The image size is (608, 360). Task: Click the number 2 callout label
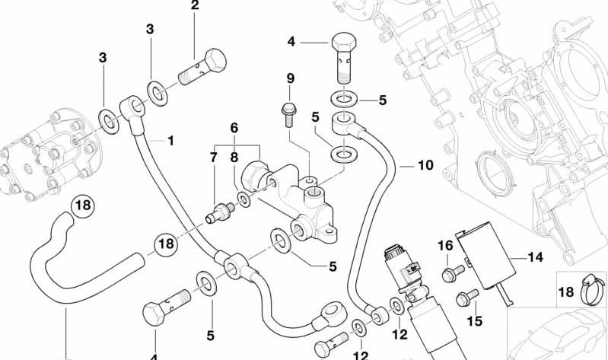pyautogui.click(x=195, y=5)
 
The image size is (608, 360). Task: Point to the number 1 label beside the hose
pyautogui.click(x=170, y=141)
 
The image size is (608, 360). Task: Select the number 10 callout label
pyautogui.click(x=425, y=165)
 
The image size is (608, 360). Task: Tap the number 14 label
pyautogui.click(x=536, y=257)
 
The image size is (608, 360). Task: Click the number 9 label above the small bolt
pyautogui.click(x=291, y=78)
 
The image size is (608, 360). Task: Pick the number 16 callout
pyautogui.click(x=445, y=246)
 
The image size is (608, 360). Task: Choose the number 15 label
pyautogui.click(x=474, y=321)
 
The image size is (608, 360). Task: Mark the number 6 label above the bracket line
pyautogui.click(x=234, y=128)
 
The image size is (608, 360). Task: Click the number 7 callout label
pyautogui.click(x=214, y=158)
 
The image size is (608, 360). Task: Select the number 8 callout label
pyautogui.click(x=234, y=158)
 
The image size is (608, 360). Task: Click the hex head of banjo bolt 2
pyautogui.click(x=215, y=60)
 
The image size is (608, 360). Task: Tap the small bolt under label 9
pyautogui.click(x=289, y=114)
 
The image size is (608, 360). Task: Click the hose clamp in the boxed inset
pyautogui.click(x=592, y=290)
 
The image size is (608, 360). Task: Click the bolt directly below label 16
pyautogui.click(x=454, y=273)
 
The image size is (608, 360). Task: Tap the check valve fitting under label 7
pyautogui.click(x=219, y=212)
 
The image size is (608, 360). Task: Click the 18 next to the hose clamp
pyautogui.click(x=565, y=292)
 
